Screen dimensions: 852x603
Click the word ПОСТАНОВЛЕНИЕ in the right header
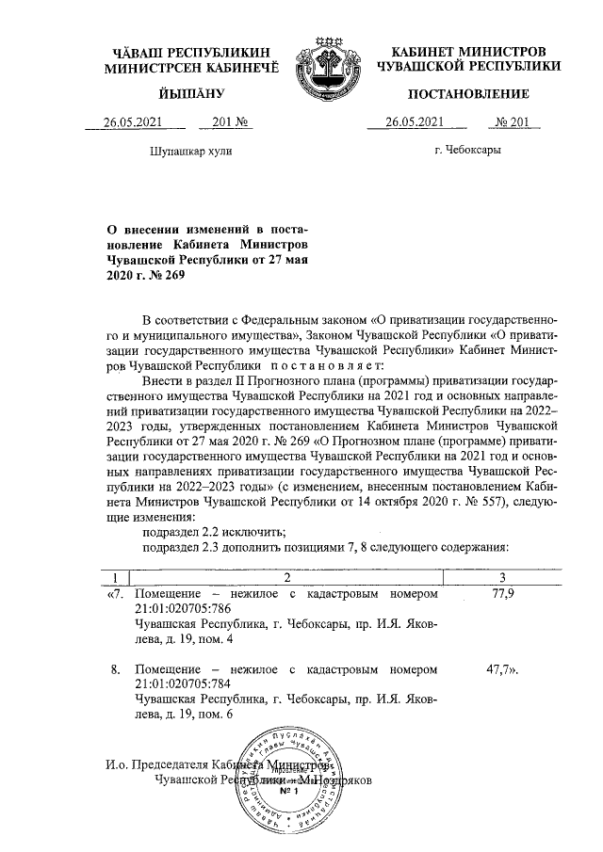click(x=468, y=93)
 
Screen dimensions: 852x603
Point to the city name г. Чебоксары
click(x=467, y=150)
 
